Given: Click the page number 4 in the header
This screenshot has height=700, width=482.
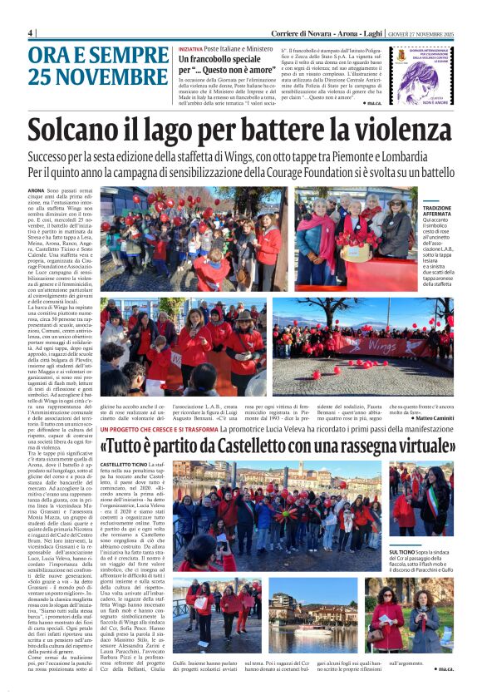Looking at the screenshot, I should click(x=31, y=32).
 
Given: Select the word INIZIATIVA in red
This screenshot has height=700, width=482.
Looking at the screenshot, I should click(x=191, y=49).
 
